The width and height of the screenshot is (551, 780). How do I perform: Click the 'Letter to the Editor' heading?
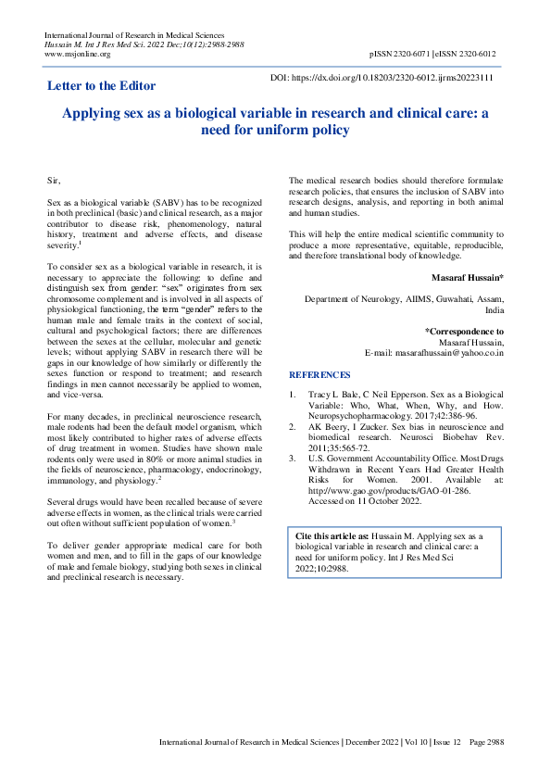107,87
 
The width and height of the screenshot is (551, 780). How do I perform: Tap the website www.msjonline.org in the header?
77,54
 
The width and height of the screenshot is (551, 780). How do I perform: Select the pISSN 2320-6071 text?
401,55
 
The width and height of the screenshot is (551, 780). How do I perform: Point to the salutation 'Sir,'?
53,176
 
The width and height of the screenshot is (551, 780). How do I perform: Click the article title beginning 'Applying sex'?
275,120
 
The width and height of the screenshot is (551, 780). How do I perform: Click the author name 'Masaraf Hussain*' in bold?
468,278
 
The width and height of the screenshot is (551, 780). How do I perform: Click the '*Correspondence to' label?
464,331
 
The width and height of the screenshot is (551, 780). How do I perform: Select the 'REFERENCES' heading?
319,375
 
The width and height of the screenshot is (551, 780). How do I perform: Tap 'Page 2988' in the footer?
486,742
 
